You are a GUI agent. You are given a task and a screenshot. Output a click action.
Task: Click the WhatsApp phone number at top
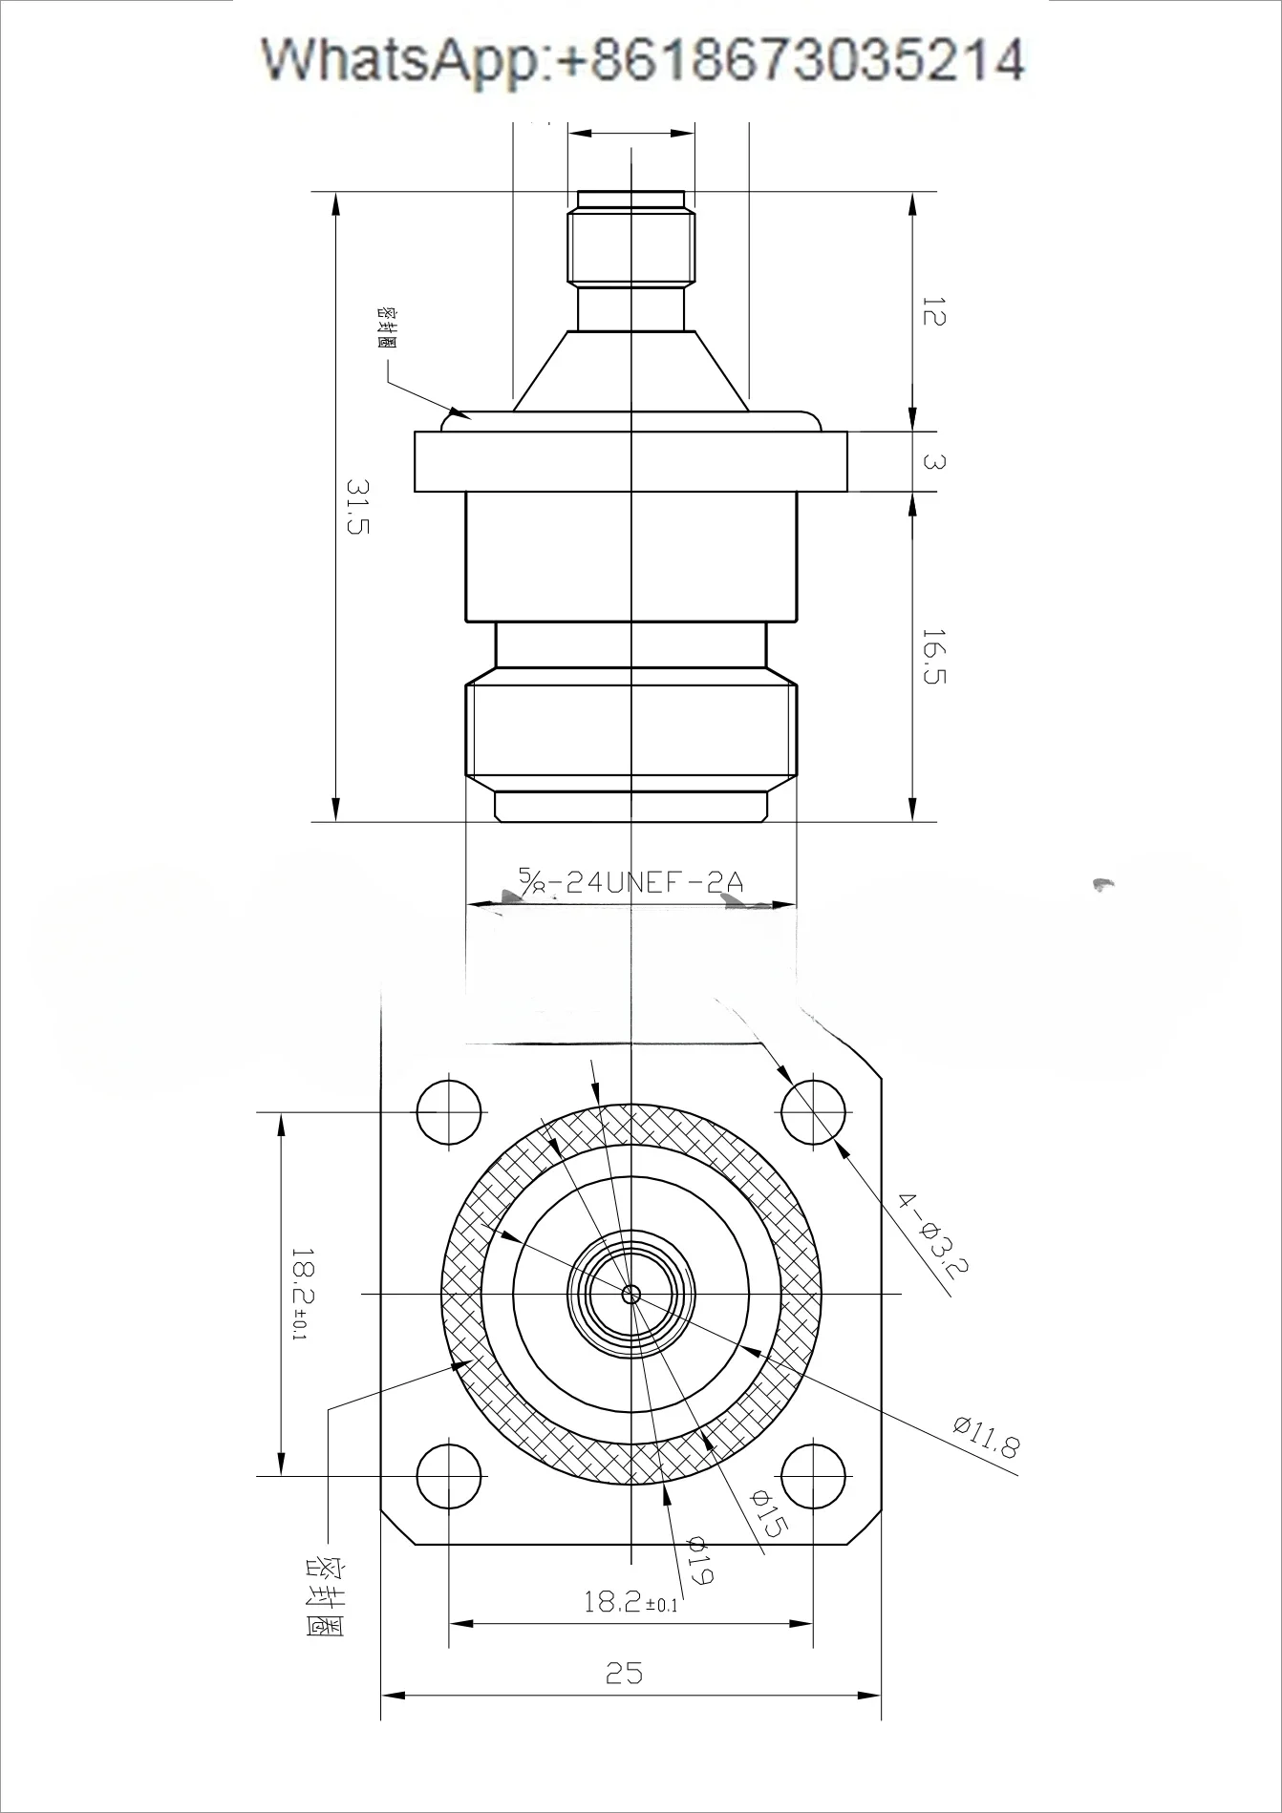click(643, 59)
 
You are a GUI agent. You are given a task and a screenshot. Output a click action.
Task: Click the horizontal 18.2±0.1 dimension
click(630, 1602)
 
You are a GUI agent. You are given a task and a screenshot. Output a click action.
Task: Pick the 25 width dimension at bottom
click(624, 1673)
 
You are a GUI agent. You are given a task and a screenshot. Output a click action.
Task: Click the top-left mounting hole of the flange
click(449, 1112)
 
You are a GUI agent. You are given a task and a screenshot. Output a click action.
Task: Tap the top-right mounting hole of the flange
click(813, 1112)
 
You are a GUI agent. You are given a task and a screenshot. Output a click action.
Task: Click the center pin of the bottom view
click(630, 1295)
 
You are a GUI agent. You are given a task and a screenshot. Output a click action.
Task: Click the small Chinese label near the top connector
click(387, 327)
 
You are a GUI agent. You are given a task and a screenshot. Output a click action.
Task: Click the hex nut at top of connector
click(630, 246)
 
